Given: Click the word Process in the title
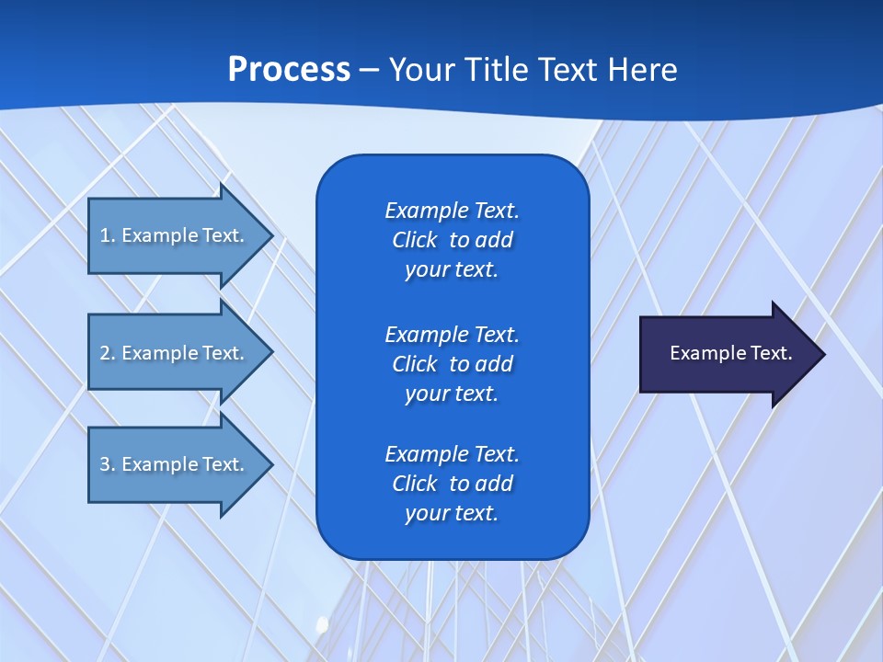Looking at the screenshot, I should [289, 70].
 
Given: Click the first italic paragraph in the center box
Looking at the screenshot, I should [452, 240].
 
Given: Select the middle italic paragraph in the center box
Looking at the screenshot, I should [452, 364].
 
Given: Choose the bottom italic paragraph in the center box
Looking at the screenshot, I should [452, 484].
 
